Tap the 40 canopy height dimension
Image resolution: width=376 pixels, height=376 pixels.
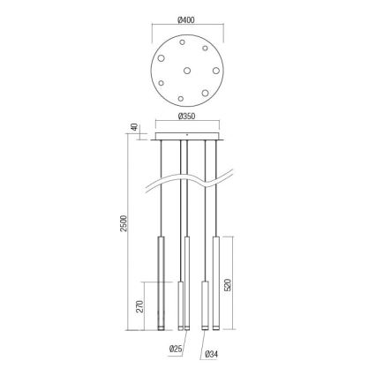point(133,129)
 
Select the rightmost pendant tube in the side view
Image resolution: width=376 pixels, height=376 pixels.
point(214,283)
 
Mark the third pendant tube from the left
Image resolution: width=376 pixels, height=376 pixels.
point(206,305)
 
